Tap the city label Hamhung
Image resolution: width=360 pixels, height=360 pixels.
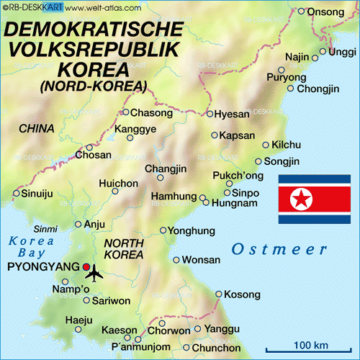click(174, 197)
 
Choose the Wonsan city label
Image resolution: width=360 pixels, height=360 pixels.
click(201, 259)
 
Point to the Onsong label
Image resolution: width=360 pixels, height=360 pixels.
click(325, 12)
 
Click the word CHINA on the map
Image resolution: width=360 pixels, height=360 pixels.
click(37, 128)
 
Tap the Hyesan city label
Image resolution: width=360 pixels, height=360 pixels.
click(233, 114)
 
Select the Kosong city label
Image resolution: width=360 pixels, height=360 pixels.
click(242, 294)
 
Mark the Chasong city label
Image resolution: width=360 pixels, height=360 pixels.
click(152, 112)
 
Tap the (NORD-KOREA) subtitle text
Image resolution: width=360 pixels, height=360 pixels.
click(94, 86)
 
